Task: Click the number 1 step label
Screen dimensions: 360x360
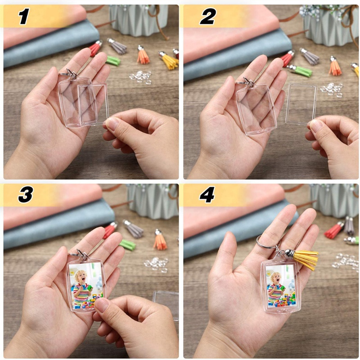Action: click(23, 17)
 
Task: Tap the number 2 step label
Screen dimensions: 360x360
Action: click(207, 17)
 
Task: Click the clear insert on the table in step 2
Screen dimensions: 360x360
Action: click(301, 104)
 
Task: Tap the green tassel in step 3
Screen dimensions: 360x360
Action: click(127, 244)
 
